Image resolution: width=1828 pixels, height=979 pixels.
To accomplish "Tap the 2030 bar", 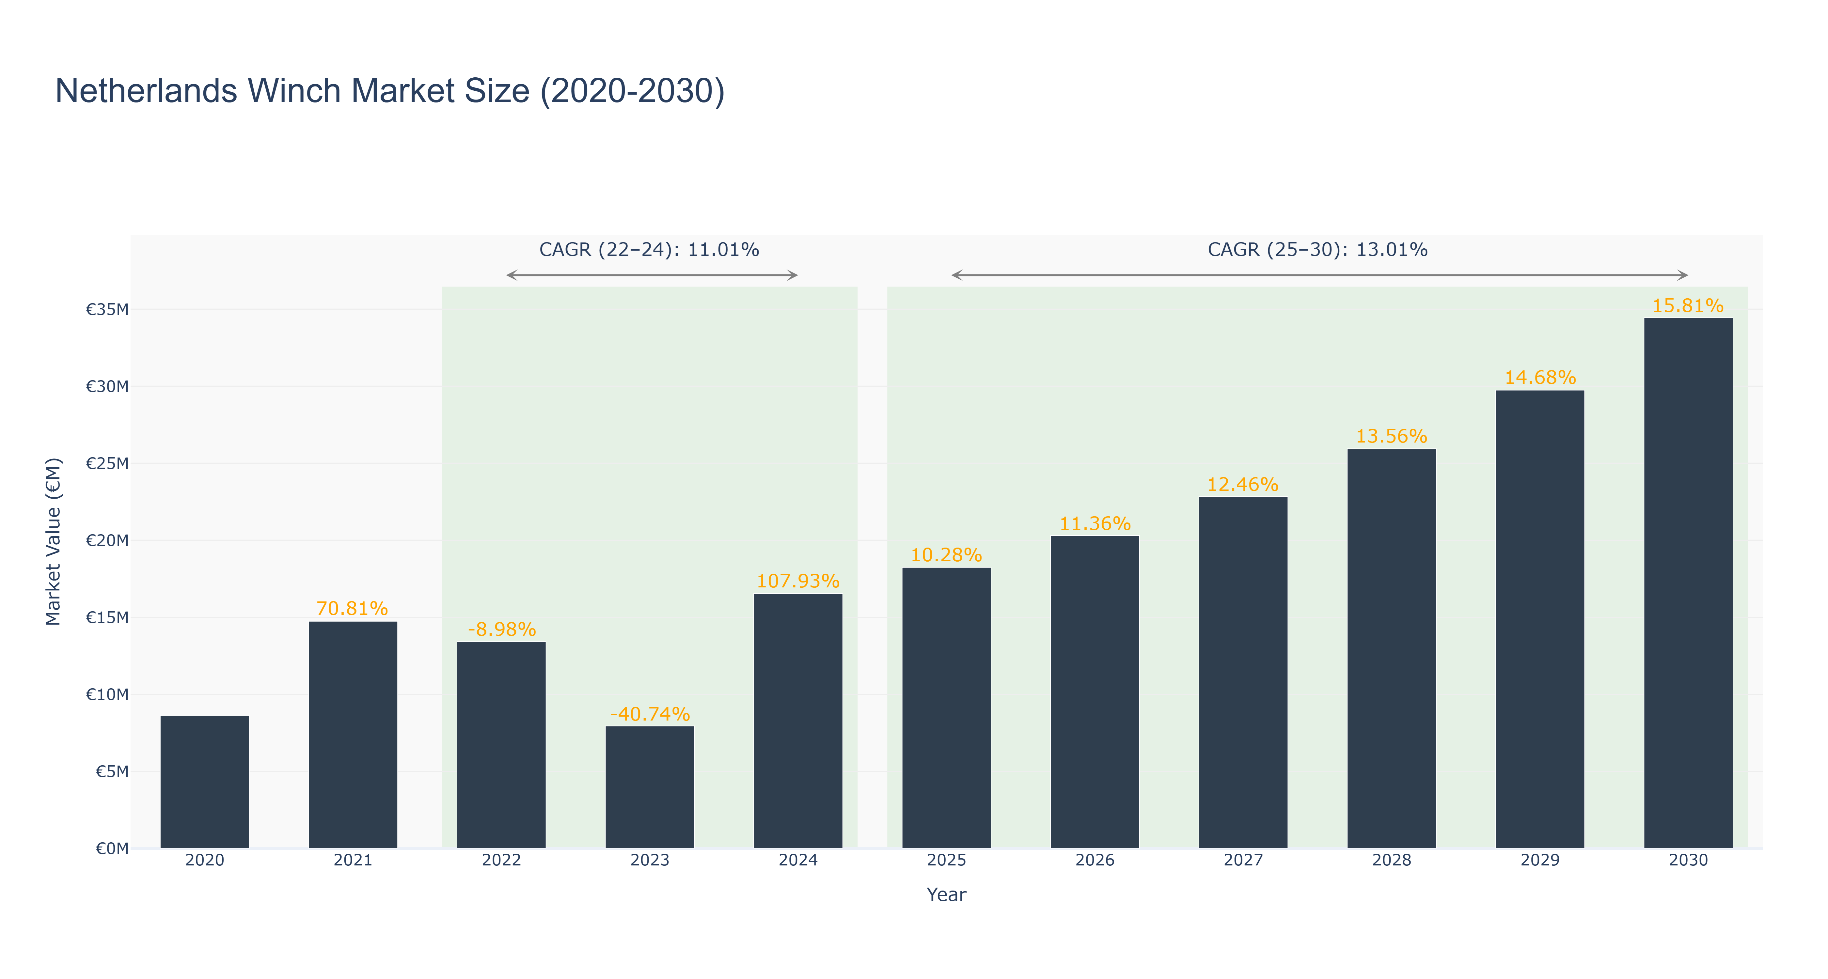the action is tap(1688, 583).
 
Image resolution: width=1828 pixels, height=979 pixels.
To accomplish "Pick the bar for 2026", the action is tap(1095, 692).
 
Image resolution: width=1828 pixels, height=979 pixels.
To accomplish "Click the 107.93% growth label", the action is tap(798, 581).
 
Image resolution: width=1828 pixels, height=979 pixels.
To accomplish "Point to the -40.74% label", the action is tap(650, 714).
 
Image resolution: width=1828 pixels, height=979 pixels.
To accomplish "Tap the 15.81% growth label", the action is tap(1688, 306).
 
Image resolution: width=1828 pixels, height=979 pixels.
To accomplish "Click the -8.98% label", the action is tap(502, 629).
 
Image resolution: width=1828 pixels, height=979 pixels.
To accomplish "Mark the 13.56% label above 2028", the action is tap(1392, 436).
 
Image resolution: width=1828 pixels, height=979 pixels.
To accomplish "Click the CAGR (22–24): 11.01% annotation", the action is tap(649, 250).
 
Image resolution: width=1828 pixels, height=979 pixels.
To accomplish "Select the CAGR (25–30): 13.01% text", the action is tap(1318, 250).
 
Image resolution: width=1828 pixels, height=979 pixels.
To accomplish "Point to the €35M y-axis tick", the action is tap(107, 309).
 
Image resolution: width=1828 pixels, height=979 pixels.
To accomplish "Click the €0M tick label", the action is tap(112, 848).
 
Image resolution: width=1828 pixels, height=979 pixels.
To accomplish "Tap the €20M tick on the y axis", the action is tap(107, 541).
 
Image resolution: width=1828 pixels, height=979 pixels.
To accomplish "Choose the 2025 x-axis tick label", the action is tap(947, 861).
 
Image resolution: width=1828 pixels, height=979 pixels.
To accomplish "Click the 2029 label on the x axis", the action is tap(1540, 861).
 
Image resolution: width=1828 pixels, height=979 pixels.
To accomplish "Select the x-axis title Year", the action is tap(947, 894).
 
